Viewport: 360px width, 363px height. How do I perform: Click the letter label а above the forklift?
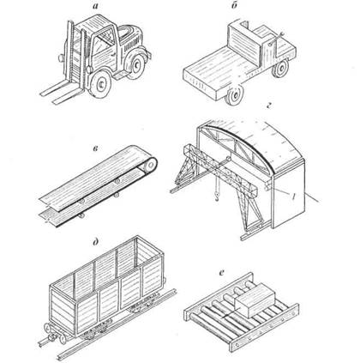[95, 5]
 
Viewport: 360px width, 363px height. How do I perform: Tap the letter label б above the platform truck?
[234, 5]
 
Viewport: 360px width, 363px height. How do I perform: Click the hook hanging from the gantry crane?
[217, 197]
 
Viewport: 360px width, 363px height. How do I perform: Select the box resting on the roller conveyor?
[255, 302]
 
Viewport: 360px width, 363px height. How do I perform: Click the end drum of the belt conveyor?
[150, 165]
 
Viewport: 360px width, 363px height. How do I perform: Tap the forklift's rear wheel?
[136, 66]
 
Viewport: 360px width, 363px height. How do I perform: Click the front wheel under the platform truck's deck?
[234, 95]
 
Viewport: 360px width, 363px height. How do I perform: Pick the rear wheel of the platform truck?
[280, 69]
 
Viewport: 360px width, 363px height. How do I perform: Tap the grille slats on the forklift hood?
[132, 44]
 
